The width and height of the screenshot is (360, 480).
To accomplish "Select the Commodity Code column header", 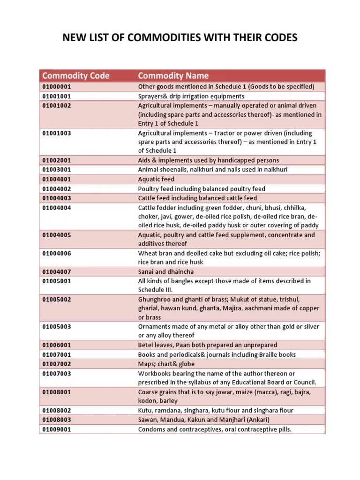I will click(76, 75).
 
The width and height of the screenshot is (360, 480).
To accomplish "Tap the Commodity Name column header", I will click(173, 75).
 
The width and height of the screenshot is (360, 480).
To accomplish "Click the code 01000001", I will click(57, 87).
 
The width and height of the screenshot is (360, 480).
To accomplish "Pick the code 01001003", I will click(57, 133).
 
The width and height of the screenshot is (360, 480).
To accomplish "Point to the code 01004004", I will click(57, 207).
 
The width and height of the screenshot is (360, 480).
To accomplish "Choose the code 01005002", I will click(57, 299).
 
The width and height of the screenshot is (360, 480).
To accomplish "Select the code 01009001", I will click(57, 429).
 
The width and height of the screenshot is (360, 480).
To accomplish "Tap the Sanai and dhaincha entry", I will click(166, 272).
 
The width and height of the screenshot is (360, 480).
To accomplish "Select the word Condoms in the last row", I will click(151, 429).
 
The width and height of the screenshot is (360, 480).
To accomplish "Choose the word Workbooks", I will click(154, 373).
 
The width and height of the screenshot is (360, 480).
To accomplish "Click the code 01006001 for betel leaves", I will click(57, 345).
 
